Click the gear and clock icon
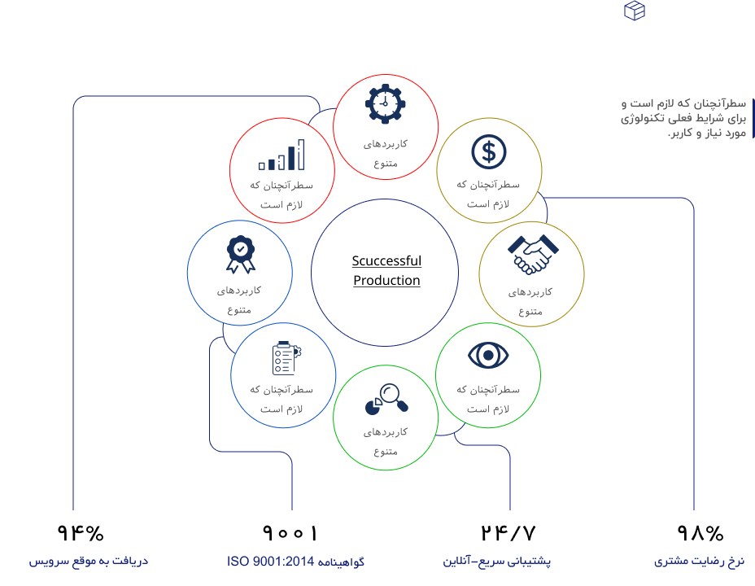[x=385, y=104]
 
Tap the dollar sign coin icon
[x=488, y=151]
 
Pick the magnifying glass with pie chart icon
[x=386, y=398]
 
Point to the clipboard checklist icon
[x=284, y=357]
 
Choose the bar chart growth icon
[x=281, y=155]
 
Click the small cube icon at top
[x=635, y=11]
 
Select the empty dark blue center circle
[x=385, y=273]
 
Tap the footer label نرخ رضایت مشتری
[x=699, y=562]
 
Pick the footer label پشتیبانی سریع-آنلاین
[x=497, y=562]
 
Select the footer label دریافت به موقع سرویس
[x=89, y=562]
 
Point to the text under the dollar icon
[x=488, y=194]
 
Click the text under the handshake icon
[x=530, y=300]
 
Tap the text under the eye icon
[x=488, y=399]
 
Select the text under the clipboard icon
[x=281, y=399]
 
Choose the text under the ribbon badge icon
[x=239, y=299]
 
